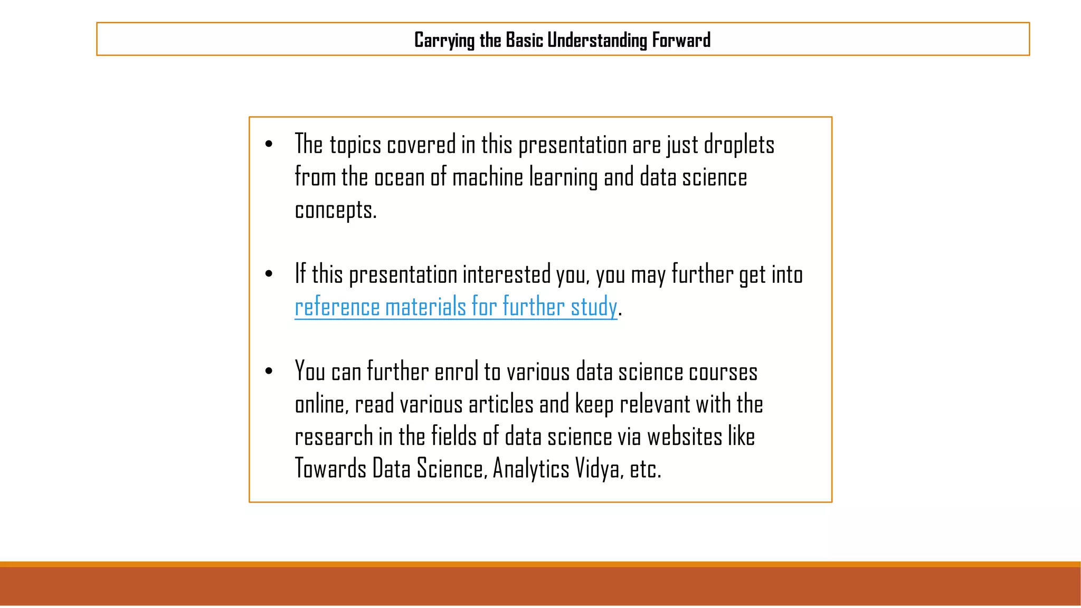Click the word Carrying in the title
coord(444,41)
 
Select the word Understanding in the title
coord(596,41)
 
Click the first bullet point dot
coord(269,144)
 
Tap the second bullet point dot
coord(269,273)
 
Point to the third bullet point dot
coord(269,371)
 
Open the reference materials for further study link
coord(456,307)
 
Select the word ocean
coord(399,177)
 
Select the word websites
coord(685,437)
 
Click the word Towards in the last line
coord(330,469)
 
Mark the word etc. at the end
coord(645,469)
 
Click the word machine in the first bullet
coord(487,177)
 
